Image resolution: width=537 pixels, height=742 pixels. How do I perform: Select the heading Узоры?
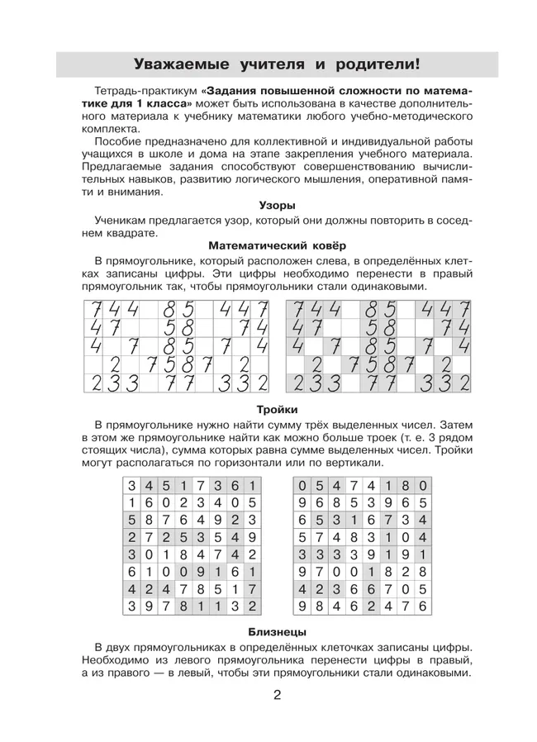(x=277, y=205)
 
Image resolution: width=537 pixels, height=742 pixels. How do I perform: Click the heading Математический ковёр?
(x=277, y=245)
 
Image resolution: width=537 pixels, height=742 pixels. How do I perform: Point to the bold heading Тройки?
(x=277, y=409)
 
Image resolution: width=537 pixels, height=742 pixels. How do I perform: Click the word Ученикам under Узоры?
(x=122, y=221)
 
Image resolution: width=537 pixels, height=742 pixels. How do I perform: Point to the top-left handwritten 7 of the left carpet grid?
(x=96, y=309)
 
